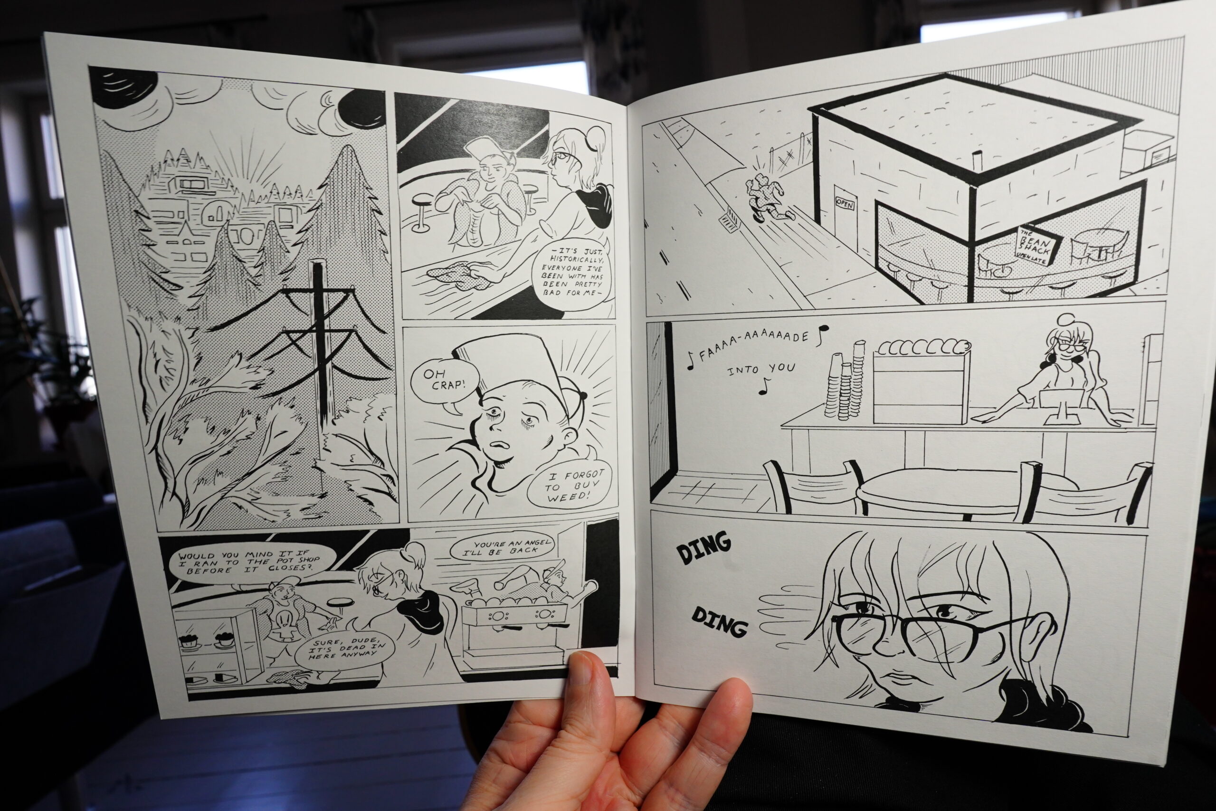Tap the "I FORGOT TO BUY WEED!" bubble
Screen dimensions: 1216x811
tap(567, 485)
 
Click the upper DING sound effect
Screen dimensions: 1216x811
tap(704, 548)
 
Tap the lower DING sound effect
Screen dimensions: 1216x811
tap(720, 620)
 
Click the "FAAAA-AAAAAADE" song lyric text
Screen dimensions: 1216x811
tap(756, 344)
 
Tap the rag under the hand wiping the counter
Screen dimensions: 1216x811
tap(455, 272)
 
